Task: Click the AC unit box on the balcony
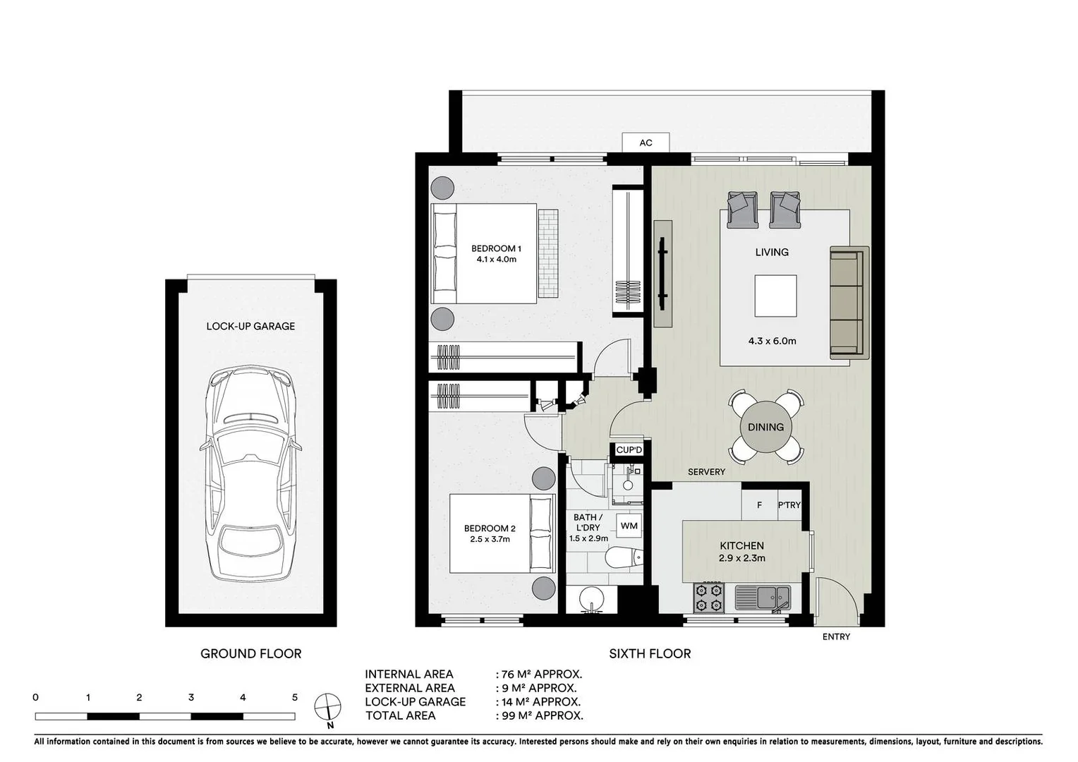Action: tap(646, 143)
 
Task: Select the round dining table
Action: tap(765, 427)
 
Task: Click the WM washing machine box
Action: tap(629, 526)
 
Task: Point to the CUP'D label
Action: tap(629, 450)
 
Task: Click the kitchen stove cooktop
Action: tap(709, 597)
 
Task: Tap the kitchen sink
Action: tap(763, 598)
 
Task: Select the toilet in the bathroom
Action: tap(625, 558)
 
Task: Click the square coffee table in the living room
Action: tap(775, 296)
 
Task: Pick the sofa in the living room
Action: tap(847, 303)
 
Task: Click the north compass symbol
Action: tap(328, 706)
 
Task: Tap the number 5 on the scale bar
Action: tap(295, 698)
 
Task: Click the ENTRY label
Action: tap(836, 636)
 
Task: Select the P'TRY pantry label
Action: tap(789, 505)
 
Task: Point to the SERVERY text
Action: tap(706, 472)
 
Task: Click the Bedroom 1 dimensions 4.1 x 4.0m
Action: tap(496, 260)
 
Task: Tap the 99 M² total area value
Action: tap(540, 715)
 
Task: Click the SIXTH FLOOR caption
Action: tap(650, 654)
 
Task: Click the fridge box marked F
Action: tap(759, 505)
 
